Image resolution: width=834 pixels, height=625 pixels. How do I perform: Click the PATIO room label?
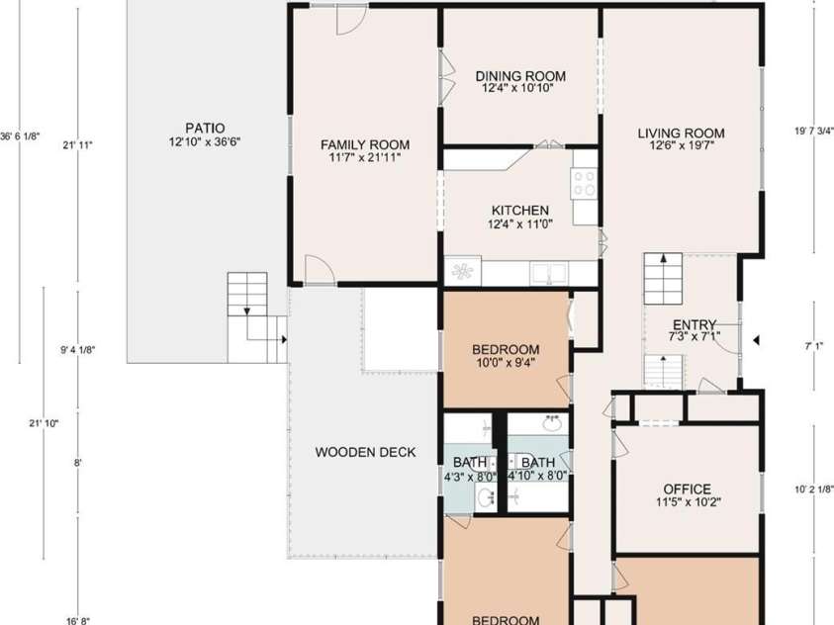[x=205, y=129]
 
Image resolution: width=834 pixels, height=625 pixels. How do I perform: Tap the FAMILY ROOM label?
[x=365, y=144]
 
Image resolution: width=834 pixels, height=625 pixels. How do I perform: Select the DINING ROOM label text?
[x=520, y=76]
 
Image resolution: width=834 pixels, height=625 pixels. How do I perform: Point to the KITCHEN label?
[x=519, y=211]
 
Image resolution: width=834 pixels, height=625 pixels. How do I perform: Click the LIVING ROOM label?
[x=681, y=133]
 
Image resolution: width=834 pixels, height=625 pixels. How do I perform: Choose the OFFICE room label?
[x=687, y=489]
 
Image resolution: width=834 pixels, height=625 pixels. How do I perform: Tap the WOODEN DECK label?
[x=365, y=452]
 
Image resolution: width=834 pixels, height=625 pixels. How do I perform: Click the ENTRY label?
[x=695, y=324]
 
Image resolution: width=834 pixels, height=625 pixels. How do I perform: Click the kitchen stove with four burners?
[x=584, y=183]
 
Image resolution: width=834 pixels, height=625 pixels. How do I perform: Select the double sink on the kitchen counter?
[x=549, y=274]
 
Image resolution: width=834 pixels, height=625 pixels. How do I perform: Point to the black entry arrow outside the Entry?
[x=756, y=340]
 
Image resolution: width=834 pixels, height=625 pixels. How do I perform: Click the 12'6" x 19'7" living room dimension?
[x=681, y=145]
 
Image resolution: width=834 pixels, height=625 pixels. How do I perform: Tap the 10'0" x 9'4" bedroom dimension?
[x=506, y=363]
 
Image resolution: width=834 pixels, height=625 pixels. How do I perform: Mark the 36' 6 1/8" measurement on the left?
[x=20, y=136]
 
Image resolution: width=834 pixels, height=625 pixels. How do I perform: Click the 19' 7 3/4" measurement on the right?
[x=814, y=131]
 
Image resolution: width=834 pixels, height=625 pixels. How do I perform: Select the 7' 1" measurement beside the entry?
[x=814, y=346]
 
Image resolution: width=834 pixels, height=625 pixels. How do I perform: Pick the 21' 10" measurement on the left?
[x=44, y=423]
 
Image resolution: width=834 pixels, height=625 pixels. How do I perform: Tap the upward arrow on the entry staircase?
[x=663, y=259]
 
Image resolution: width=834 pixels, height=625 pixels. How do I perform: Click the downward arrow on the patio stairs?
[x=246, y=310]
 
